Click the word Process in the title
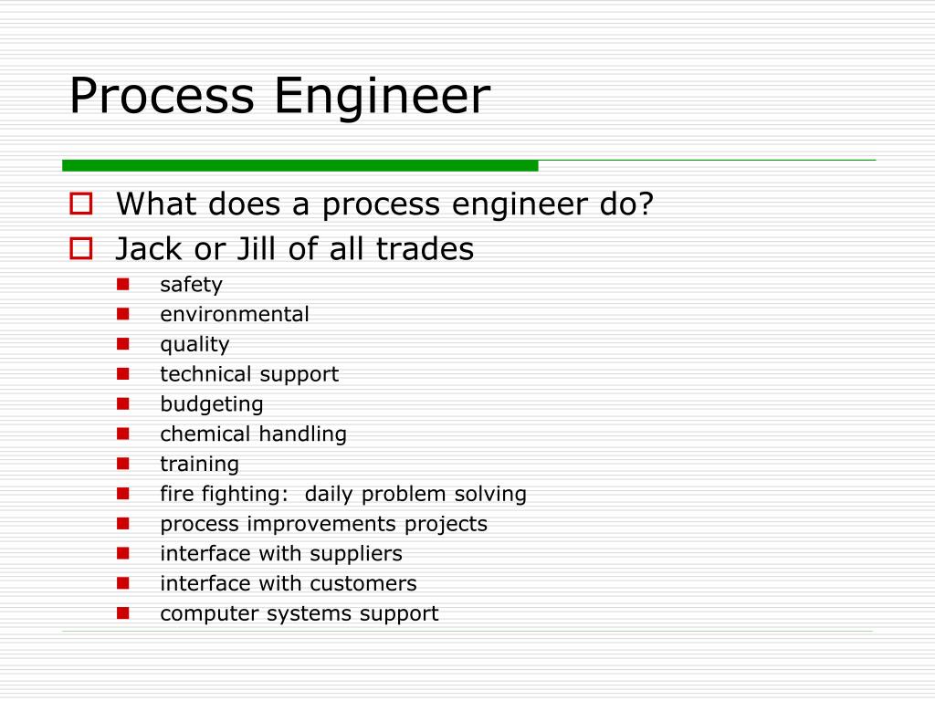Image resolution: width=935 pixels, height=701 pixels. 162,97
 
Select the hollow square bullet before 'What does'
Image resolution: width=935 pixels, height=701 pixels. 81,204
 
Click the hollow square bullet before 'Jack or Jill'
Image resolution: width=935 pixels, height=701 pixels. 81,247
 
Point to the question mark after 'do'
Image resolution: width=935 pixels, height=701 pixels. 646,204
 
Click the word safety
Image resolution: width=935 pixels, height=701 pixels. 191,285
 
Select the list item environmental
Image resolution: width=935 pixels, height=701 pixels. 235,315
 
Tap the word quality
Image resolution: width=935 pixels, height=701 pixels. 194,345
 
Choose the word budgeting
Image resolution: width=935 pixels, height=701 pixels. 212,404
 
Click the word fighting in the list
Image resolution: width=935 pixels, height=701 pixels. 246,495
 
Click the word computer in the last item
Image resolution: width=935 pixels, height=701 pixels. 210,614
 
